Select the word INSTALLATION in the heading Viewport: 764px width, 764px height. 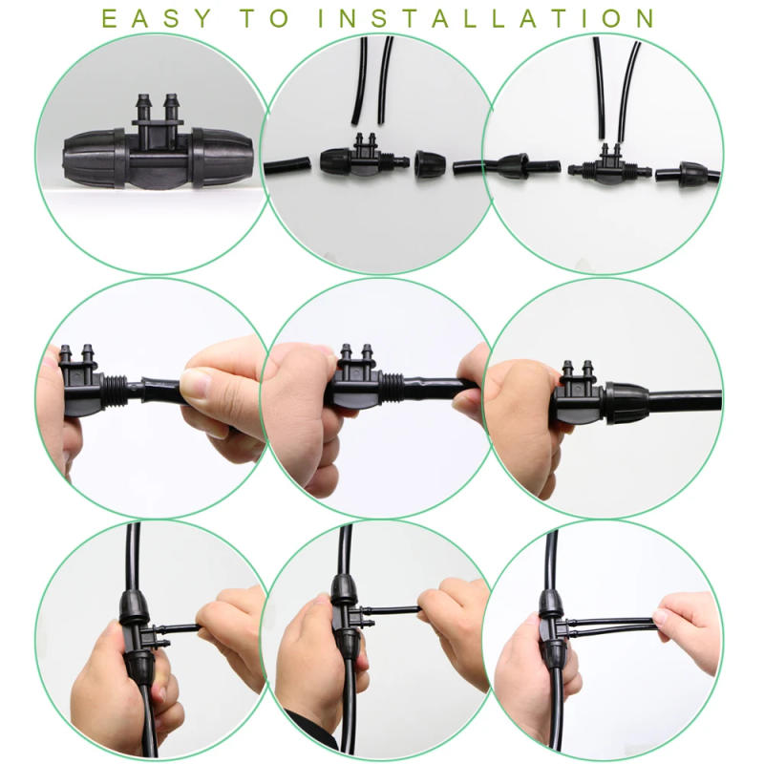coord(487,18)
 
